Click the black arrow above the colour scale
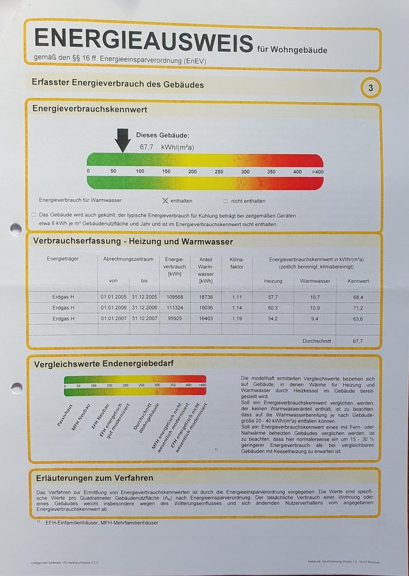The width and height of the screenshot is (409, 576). pos(122,140)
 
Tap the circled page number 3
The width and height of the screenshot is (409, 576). pos(371,88)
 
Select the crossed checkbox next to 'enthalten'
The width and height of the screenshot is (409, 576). pos(166,200)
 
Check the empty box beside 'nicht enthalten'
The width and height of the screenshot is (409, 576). pos(225,201)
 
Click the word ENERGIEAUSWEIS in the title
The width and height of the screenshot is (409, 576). pos(144,39)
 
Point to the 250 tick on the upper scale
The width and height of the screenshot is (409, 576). pos(218,172)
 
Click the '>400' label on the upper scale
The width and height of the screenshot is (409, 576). pos(317,172)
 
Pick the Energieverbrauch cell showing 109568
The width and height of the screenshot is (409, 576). pos(175,296)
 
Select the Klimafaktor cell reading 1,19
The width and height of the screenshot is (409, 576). pos(237,318)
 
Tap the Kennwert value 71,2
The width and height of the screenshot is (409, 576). pos(358,307)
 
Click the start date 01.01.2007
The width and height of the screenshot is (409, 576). pos(113,318)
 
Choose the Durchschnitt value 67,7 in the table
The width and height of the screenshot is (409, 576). pos(358,341)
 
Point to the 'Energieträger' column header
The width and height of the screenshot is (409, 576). pos(62,259)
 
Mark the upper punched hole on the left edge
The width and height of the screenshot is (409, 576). pos(16,229)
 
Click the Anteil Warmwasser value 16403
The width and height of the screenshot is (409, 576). pos(206,318)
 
